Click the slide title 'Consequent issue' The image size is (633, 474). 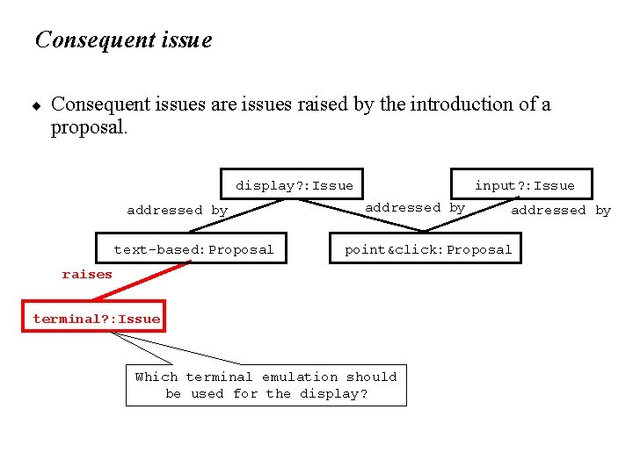[x=123, y=40]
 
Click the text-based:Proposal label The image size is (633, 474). [x=193, y=250]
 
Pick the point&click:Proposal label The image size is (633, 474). [x=428, y=250]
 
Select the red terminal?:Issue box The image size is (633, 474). [x=97, y=319]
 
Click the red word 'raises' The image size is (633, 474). [x=87, y=275]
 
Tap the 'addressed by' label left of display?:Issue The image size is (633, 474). [x=177, y=211]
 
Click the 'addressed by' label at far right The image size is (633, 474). [x=561, y=211]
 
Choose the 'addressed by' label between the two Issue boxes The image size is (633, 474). [x=415, y=208]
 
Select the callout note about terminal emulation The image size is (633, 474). [x=266, y=385]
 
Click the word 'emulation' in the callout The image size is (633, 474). [x=300, y=377]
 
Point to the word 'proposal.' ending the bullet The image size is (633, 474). [x=90, y=127]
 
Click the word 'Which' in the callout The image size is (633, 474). [x=156, y=377]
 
